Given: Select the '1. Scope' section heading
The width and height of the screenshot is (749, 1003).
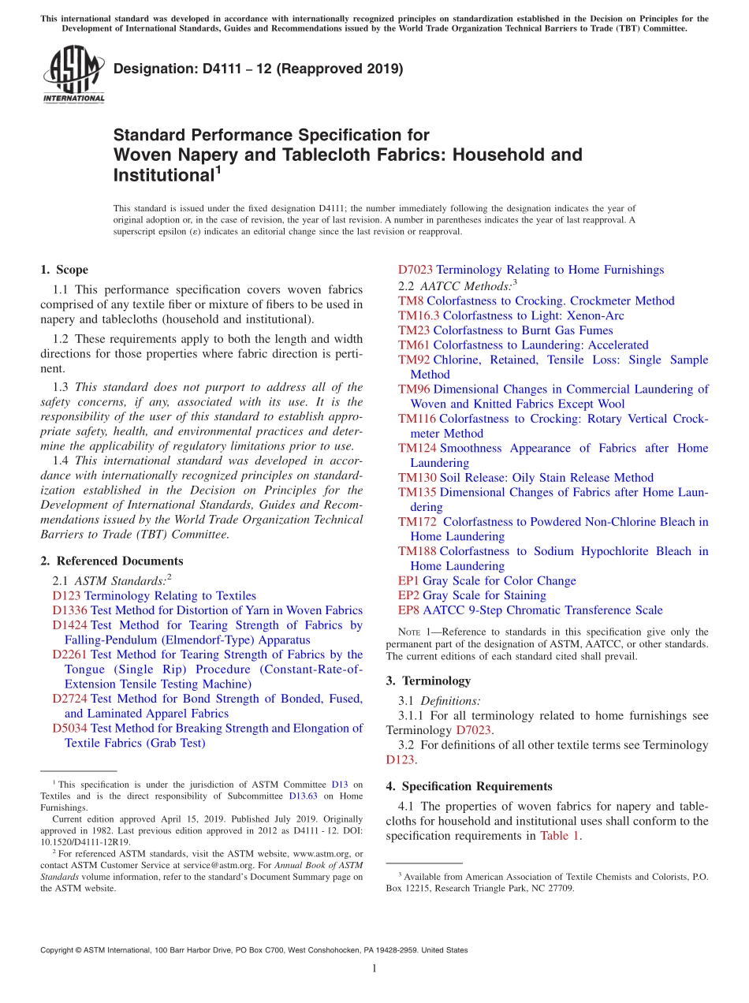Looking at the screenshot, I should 64,270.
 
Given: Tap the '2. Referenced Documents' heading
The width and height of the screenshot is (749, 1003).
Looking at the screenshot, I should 111,561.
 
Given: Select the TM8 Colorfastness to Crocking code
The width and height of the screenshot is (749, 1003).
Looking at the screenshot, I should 411,301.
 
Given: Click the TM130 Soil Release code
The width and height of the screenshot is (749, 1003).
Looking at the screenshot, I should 415,478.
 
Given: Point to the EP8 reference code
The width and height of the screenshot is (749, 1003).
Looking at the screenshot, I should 408,610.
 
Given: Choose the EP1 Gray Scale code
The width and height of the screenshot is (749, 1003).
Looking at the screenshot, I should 408,581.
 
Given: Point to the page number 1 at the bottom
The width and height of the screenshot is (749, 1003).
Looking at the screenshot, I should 374,969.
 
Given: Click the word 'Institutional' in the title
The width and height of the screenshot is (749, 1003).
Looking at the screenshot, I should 161,175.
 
